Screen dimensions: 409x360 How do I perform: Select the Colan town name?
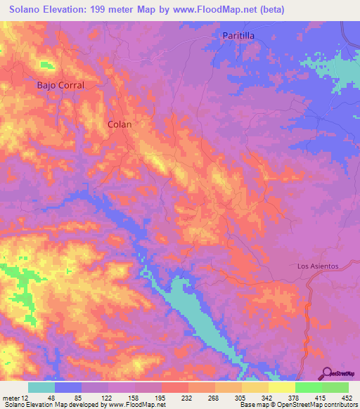(x=120, y=124)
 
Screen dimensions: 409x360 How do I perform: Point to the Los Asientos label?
(x=318, y=266)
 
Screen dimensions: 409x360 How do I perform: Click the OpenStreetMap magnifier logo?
(x=327, y=372)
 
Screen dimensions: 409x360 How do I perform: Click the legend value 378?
(x=292, y=397)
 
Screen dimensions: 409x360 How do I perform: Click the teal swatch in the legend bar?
(x=41, y=387)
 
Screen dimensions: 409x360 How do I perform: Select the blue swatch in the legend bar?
(x=68, y=387)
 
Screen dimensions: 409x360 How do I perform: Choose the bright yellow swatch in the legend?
(x=281, y=387)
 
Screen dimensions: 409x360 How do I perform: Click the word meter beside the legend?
(x=10, y=397)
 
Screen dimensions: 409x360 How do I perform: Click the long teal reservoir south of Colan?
(x=190, y=309)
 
